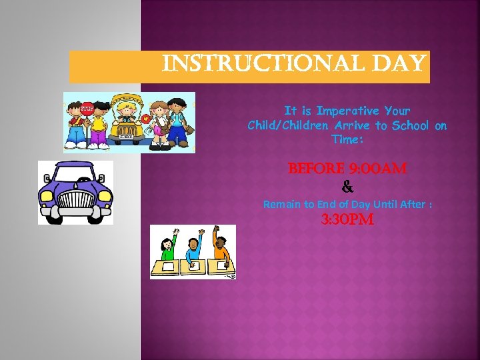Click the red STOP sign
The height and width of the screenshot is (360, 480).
click(x=87, y=109)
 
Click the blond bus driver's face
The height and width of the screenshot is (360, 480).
click(x=128, y=111)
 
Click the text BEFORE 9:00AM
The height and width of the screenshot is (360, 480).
click(x=347, y=169)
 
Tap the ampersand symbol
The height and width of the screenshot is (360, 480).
click(x=347, y=187)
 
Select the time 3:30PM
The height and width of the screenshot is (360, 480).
click(x=347, y=220)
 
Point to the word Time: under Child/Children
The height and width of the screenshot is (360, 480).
click(x=347, y=140)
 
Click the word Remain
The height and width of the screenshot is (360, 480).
click(x=281, y=204)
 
